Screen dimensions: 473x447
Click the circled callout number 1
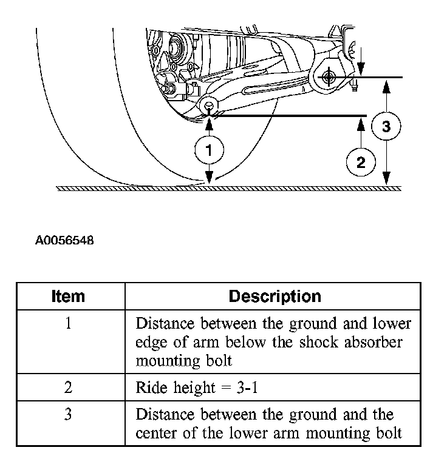point(209,150)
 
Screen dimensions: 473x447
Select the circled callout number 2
point(361,162)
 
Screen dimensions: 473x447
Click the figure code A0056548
point(64,240)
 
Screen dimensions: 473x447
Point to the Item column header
point(69,297)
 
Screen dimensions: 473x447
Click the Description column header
point(275,297)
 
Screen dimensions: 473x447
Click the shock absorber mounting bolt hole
point(209,106)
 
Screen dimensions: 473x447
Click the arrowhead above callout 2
point(361,125)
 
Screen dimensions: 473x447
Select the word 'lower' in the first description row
point(391,323)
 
